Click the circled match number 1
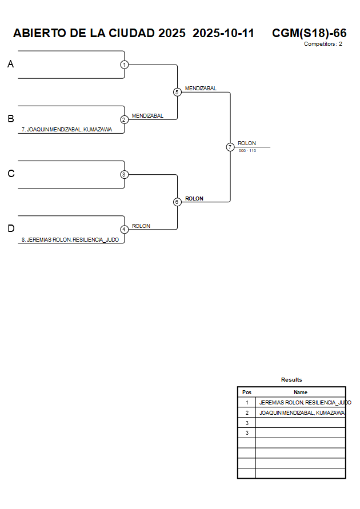tap(124, 65)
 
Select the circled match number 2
tap(124, 119)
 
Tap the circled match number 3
tap(124, 174)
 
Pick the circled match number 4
tap(124, 229)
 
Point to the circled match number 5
tap(177, 92)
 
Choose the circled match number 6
tap(177, 202)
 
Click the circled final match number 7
tap(230, 147)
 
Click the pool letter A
tap(10, 65)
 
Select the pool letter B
tap(10, 119)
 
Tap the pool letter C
tap(10, 174)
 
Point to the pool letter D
tap(10, 229)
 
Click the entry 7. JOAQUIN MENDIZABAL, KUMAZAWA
tap(66, 130)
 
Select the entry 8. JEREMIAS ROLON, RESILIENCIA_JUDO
tap(70, 240)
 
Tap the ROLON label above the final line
tap(247, 143)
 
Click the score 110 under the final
tap(253, 151)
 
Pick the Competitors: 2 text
tap(323, 44)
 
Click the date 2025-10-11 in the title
tap(223, 33)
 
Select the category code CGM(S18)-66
tap(309, 33)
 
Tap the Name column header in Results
tap(301, 392)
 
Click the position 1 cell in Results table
tap(247, 403)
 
